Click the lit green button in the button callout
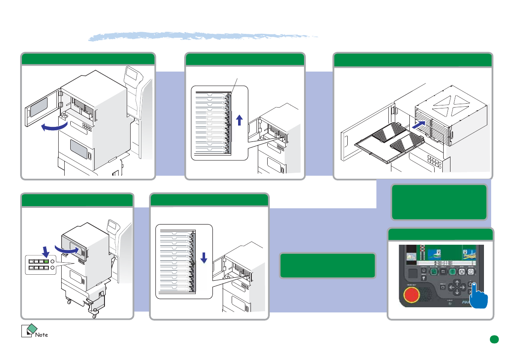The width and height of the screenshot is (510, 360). point(46,261)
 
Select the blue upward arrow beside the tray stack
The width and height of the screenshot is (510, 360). point(239,119)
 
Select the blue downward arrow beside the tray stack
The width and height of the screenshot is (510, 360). point(204,258)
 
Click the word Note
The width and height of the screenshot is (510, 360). point(42,334)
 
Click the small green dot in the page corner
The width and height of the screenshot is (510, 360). point(494,339)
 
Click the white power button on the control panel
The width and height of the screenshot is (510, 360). point(470,271)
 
